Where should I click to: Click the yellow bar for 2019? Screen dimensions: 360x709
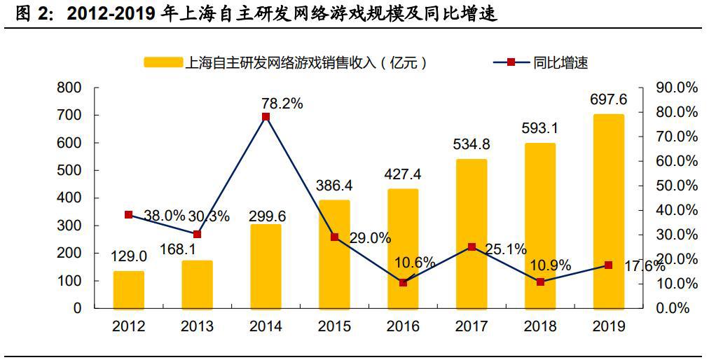click(x=608, y=210)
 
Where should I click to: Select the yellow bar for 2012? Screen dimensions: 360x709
click(x=128, y=289)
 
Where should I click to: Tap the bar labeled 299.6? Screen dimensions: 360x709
click(x=266, y=266)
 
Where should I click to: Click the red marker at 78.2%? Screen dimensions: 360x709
click(x=266, y=117)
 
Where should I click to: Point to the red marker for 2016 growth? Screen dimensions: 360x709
click(x=403, y=282)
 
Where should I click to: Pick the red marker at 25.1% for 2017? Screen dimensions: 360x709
click(x=471, y=247)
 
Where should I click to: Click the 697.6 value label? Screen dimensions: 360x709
click(x=608, y=100)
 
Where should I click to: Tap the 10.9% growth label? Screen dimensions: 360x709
click(x=551, y=266)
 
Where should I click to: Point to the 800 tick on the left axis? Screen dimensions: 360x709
click(x=69, y=88)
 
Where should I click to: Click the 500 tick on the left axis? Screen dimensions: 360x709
click(x=69, y=170)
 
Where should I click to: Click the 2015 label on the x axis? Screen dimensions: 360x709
click(x=334, y=326)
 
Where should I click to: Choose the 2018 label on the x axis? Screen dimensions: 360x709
click(x=540, y=326)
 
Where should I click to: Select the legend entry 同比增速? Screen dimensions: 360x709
click(x=560, y=62)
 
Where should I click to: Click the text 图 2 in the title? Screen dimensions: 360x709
click(x=34, y=14)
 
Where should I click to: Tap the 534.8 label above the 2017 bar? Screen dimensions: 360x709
click(x=471, y=145)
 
